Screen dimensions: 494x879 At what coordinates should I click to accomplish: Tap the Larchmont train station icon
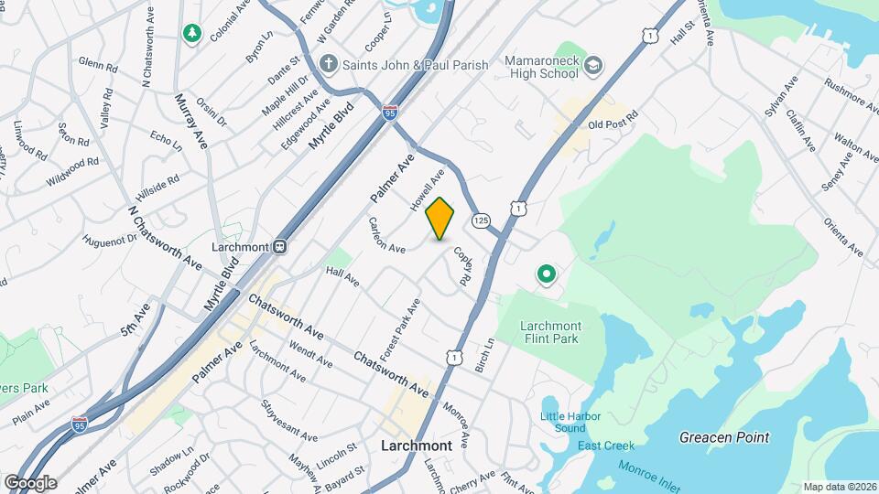(x=282, y=247)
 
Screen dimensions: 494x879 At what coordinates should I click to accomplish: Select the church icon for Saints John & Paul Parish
(x=329, y=65)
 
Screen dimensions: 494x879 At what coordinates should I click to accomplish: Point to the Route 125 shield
(x=483, y=220)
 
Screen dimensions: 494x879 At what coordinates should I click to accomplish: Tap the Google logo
(x=30, y=482)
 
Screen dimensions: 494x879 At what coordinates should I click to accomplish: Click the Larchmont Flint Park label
(x=550, y=332)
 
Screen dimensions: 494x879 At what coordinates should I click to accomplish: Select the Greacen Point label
(x=724, y=437)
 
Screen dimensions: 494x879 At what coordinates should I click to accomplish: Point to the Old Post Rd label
(x=612, y=123)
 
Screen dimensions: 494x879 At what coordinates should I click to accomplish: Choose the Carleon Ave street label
(x=387, y=236)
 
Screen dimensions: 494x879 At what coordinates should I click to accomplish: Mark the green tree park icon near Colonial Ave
(x=192, y=34)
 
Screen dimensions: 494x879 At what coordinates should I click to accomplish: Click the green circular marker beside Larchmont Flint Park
(x=547, y=274)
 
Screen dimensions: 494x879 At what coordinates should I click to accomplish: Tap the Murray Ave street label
(x=193, y=116)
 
